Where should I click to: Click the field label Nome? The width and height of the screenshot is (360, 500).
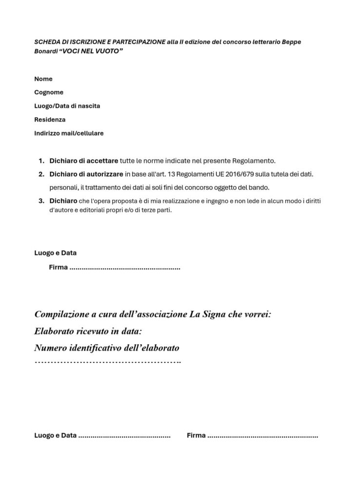tap(43, 79)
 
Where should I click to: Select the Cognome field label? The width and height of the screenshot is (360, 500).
tap(49, 92)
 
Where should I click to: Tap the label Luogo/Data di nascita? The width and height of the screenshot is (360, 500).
tap(67, 106)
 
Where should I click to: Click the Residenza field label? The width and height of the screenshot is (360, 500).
tap(50, 119)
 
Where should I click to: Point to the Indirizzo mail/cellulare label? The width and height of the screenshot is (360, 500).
tap(69, 133)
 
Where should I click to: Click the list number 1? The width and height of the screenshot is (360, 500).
tap(41, 161)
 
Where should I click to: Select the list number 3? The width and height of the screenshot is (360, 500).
tap(41, 201)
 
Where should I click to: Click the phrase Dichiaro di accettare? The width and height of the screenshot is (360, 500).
tap(83, 161)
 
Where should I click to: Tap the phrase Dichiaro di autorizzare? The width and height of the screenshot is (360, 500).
tap(86, 174)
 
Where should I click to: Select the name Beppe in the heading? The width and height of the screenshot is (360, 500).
tap(291, 42)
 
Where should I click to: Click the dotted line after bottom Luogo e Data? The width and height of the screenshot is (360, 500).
tap(124, 436)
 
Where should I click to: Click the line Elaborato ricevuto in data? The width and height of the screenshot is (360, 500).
tap(88, 332)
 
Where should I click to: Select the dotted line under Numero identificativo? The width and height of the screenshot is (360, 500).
tap(108, 362)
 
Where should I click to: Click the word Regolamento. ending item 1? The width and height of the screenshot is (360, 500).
tap(254, 161)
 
